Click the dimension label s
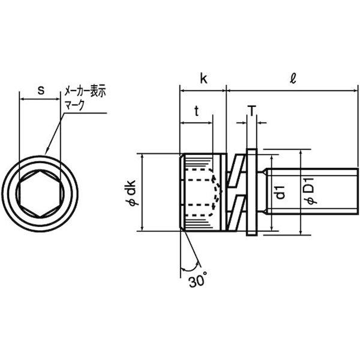click(x=41, y=90)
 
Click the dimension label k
click(x=203, y=78)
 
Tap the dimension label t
click(x=197, y=111)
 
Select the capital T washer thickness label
click(x=252, y=111)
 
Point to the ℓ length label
click(x=293, y=78)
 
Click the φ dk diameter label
click(x=133, y=193)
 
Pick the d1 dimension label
click(x=280, y=193)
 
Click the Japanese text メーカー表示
click(x=85, y=91)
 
